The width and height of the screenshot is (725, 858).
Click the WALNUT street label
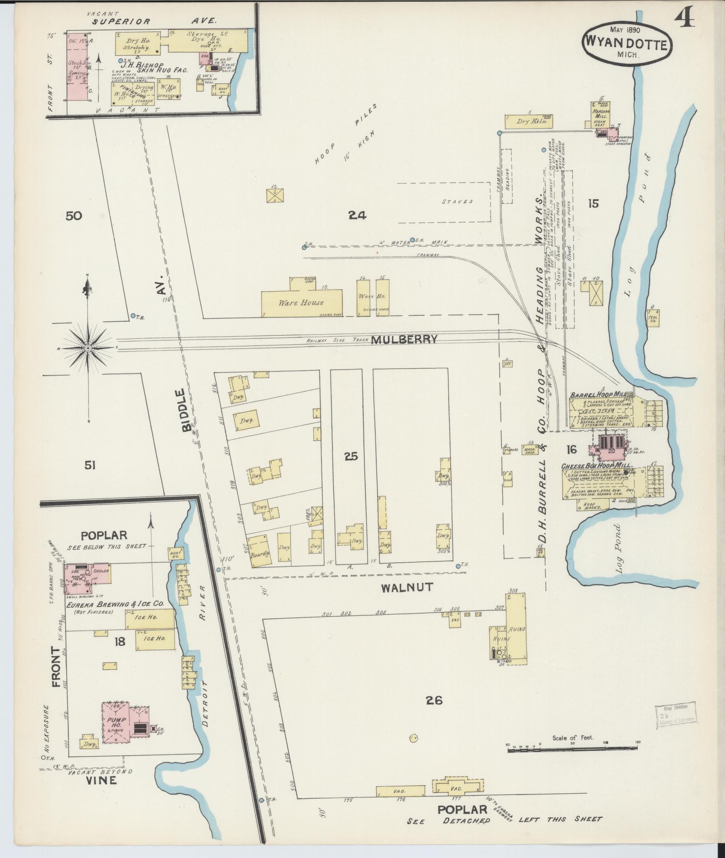407,587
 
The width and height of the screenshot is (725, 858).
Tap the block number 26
434,701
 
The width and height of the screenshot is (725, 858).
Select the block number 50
74,216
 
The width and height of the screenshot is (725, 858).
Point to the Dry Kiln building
528,121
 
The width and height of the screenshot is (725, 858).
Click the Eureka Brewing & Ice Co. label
115,604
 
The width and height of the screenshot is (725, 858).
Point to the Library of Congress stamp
675,716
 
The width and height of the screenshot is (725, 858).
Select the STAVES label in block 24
457,202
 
